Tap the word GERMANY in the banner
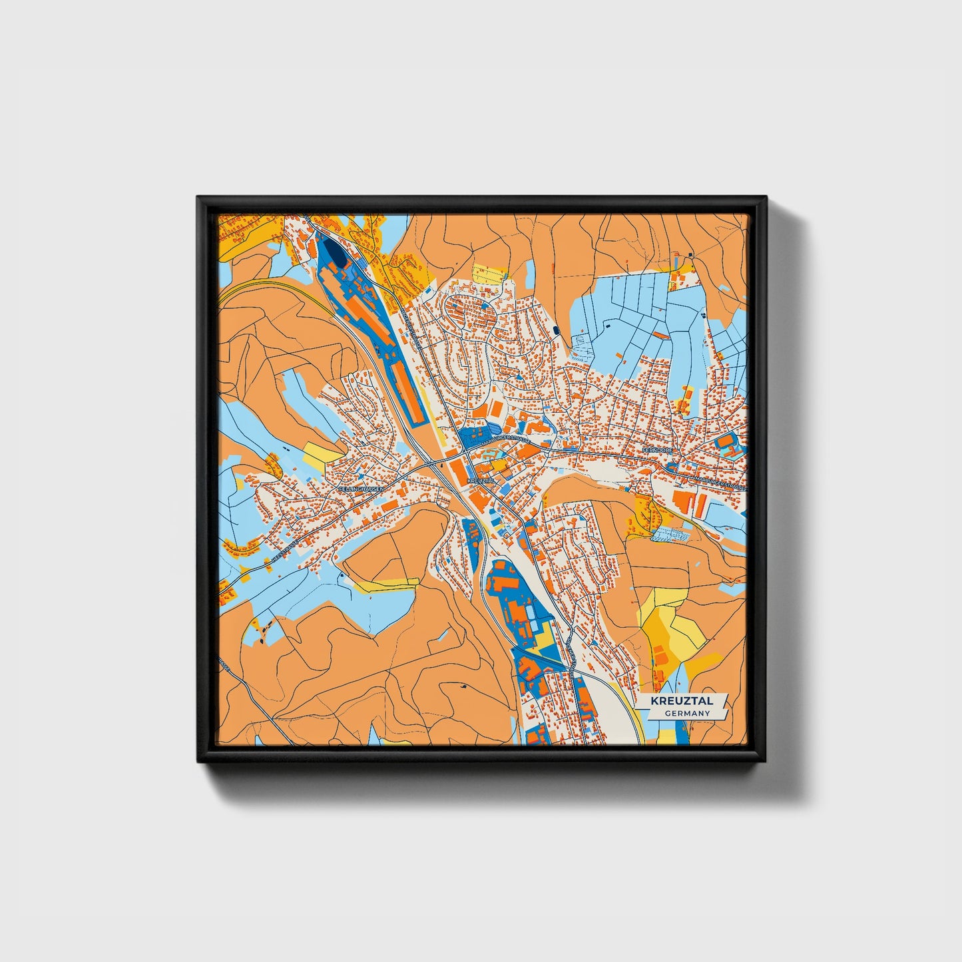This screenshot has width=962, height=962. tap(686, 713)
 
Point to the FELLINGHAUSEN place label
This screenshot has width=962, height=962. tap(361, 489)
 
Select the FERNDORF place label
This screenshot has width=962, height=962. tap(658, 451)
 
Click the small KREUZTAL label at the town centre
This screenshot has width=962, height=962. tap(481, 480)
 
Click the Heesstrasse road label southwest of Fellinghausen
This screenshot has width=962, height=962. tap(282, 553)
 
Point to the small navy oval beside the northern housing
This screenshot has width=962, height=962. tap(557, 330)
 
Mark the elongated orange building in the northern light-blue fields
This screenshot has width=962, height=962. tap(660, 334)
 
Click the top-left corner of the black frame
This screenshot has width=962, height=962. tap(198, 197)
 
